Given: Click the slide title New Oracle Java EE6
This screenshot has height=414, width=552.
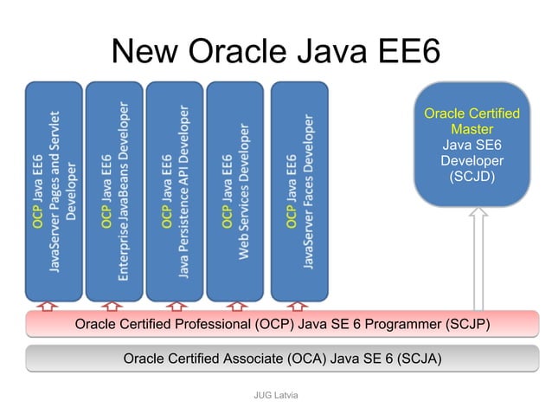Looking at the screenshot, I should [276, 51].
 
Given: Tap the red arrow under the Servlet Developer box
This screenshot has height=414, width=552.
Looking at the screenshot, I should [48, 305].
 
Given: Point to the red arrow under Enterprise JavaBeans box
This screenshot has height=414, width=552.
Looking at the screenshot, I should [112, 305].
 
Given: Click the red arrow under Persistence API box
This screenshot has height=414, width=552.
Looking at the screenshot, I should [175, 305].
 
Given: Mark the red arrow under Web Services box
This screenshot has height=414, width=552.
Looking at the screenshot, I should [236, 305].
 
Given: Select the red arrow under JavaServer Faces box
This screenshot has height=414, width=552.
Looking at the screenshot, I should [298, 305].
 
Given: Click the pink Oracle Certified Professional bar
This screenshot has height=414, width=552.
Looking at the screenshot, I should [283, 325].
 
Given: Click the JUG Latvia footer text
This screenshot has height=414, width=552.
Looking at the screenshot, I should [275, 395].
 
